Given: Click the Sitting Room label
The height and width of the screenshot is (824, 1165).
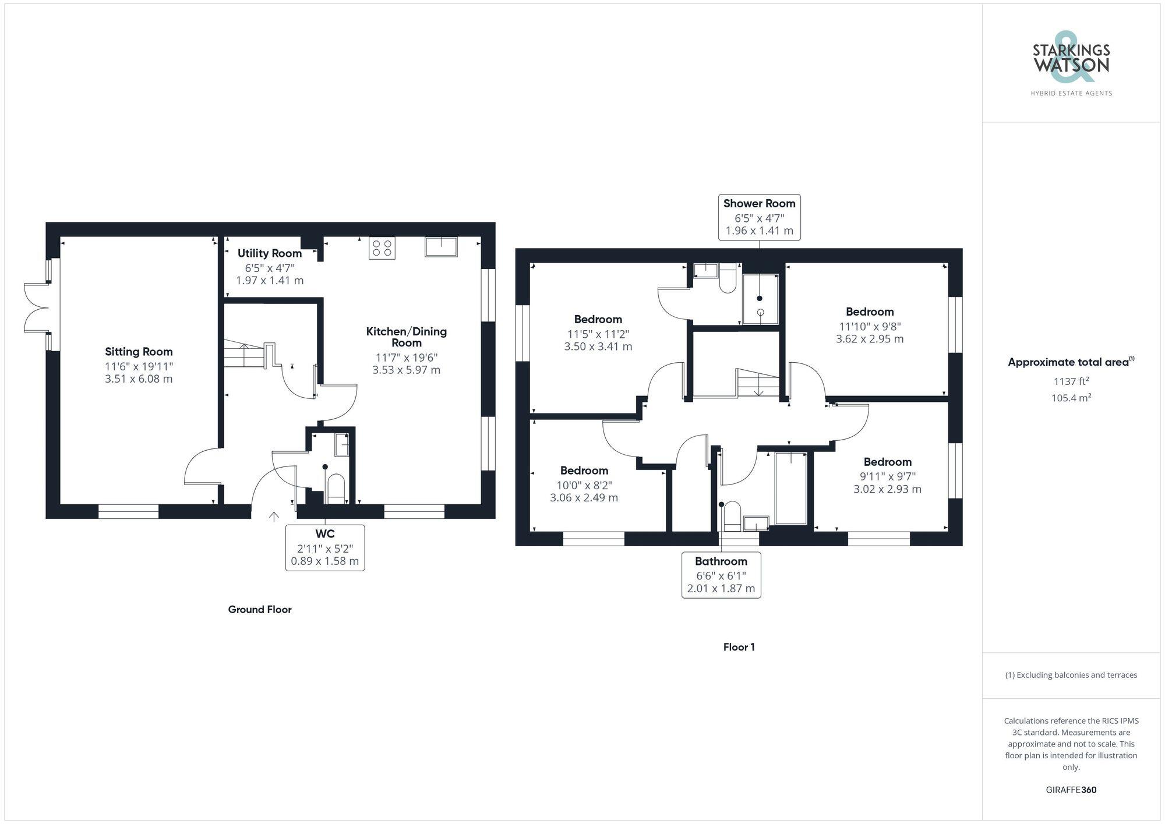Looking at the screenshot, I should pyautogui.click(x=139, y=352).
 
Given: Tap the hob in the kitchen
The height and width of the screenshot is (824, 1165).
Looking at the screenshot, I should pyautogui.click(x=382, y=248).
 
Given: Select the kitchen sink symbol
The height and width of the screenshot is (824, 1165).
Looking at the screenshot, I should pyautogui.click(x=441, y=247).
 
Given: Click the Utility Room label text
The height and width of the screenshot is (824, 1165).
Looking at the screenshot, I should pyautogui.click(x=269, y=253).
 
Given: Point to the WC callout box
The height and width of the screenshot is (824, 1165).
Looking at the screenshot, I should pyautogui.click(x=325, y=547).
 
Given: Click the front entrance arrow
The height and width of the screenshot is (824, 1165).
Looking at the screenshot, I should pyautogui.click(x=274, y=517).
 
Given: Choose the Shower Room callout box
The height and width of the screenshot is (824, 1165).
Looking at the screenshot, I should pyautogui.click(x=759, y=217).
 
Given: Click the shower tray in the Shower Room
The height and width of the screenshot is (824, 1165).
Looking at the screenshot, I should pyautogui.click(x=760, y=299).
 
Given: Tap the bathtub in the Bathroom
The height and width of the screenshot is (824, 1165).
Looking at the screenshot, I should pyautogui.click(x=791, y=488).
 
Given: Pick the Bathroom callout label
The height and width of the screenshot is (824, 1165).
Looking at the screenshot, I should pyautogui.click(x=721, y=575).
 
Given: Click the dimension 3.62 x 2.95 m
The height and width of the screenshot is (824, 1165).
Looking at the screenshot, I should pyautogui.click(x=870, y=339).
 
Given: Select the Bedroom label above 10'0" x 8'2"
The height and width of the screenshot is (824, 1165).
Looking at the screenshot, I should pyautogui.click(x=584, y=471).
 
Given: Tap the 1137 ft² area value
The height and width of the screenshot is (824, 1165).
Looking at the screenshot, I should pyautogui.click(x=1071, y=381).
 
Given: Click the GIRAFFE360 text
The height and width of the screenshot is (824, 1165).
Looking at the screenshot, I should pyautogui.click(x=1071, y=790).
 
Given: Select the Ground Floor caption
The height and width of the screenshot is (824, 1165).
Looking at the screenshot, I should pyautogui.click(x=260, y=610).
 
